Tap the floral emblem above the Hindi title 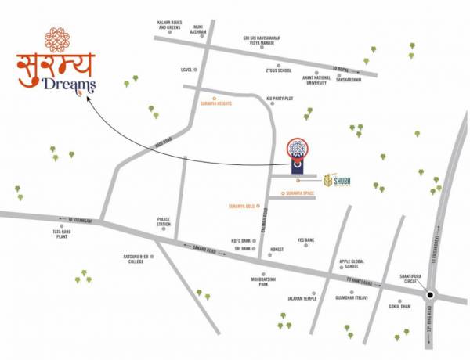pyautogui.click(x=56, y=39)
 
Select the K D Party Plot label pyautogui.click(x=279, y=99)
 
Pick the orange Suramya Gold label pyautogui.click(x=241, y=207)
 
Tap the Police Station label pyautogui.click(x=164, y=222)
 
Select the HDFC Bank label pyautogui.click(x=240, y=240)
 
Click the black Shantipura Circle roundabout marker pyautogui.click(x=430, y=297)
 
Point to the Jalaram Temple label pyautogui.click(x=302, y=298)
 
